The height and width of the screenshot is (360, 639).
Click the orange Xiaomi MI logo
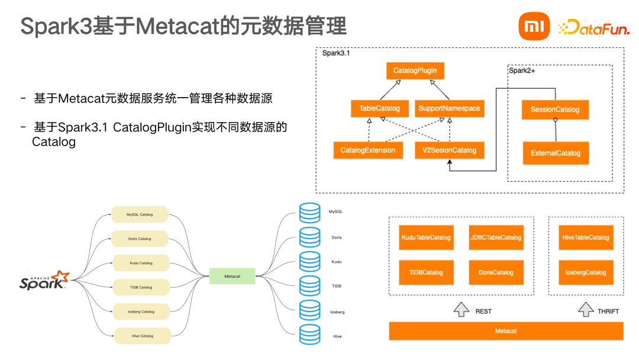pos(534,27)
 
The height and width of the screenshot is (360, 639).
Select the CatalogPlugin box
pos(415,71)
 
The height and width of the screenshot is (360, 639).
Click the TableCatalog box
pos(379,108)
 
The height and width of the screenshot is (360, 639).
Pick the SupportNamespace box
pos(449,108)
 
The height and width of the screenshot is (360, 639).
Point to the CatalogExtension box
pos(367,150)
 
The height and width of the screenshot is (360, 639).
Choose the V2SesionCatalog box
pos(449,150)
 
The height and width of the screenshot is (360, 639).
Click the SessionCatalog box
pos(555,110)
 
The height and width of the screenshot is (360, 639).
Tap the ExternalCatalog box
pos(555,153)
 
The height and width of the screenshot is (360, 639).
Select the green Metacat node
pos(232,276)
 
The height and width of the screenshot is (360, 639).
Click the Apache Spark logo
pos(44,280)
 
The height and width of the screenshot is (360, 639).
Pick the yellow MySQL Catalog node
pos(140,214)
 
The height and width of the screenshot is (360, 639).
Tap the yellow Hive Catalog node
pos(142,336)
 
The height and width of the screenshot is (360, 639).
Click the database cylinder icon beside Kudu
pos(309,262)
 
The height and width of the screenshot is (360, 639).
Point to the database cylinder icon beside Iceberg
pos(309,311)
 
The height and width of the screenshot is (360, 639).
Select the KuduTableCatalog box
pos(426,237)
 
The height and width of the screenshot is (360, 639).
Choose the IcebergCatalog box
pos(586,272)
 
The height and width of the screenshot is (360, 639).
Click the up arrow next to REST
pos(461,310)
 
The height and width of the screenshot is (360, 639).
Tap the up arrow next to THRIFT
pos(585,310)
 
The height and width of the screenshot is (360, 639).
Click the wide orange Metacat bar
pos(505,331)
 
